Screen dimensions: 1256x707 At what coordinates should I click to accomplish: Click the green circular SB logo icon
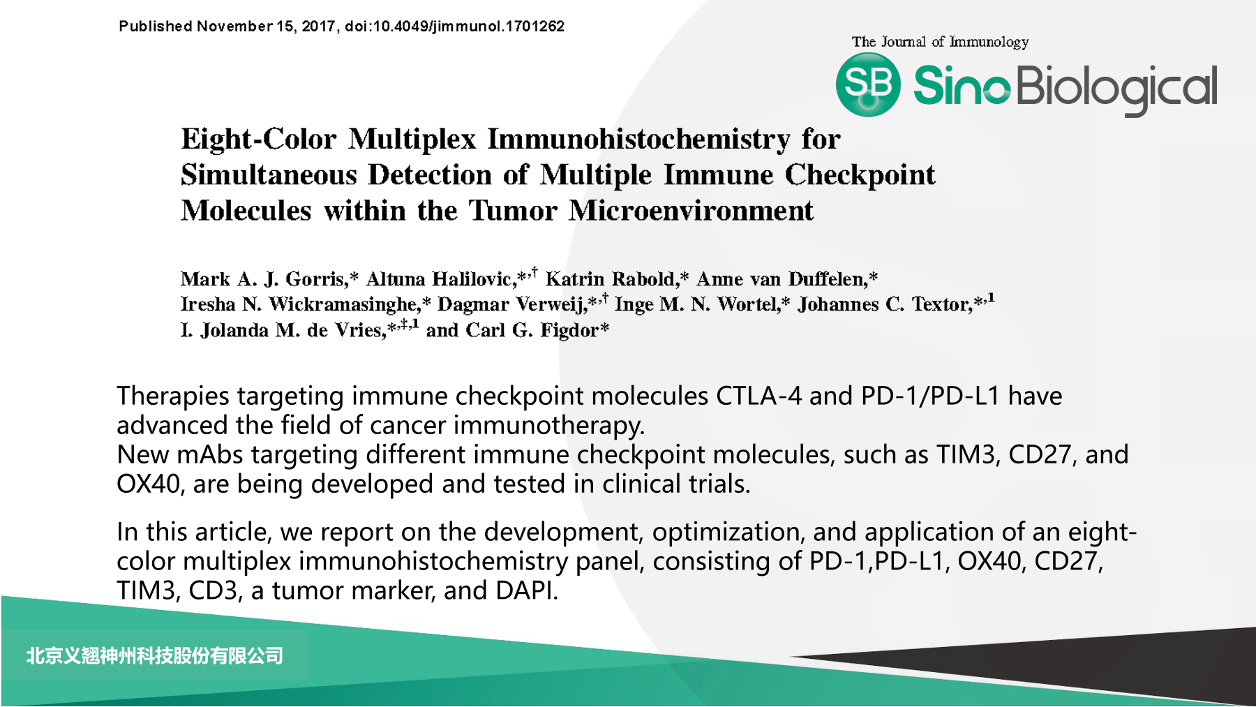point(868,84)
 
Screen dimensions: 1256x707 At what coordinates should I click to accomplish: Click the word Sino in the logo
point(962,86)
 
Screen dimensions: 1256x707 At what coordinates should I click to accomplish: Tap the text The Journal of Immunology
point(940,42)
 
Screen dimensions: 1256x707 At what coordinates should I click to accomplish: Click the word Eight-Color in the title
point(259,139)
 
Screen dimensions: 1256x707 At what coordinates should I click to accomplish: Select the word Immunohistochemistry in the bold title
point(638,139)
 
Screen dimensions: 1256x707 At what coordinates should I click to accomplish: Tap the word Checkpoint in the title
point(860,175)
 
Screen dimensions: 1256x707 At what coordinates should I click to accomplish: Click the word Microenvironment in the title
point(691,211)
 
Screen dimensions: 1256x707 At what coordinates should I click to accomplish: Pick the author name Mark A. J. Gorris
point(263,279)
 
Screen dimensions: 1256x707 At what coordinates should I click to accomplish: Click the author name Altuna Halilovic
point(440,279)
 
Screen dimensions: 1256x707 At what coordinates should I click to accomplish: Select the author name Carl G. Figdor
point(532,330)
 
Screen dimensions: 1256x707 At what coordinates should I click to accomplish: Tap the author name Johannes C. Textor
point(884,304)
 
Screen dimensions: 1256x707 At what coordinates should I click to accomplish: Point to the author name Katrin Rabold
point(611,279)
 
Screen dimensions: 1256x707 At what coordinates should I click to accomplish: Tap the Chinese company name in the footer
point(155,656)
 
